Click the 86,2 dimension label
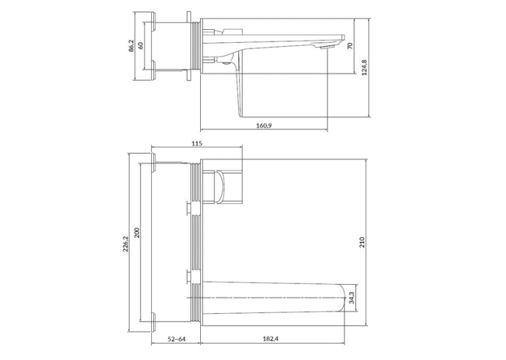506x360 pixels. [131, 46]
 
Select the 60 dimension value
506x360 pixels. [141, 46]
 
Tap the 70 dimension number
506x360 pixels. [350, 46]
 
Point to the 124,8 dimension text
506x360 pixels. [365, 67]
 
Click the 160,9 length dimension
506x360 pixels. [264, 126]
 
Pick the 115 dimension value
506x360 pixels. [197, 143]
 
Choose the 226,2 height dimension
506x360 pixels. [126, 244]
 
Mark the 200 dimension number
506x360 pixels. [137, 233]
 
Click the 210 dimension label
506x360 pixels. [362, 242]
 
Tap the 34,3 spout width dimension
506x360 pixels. [352, 297]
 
